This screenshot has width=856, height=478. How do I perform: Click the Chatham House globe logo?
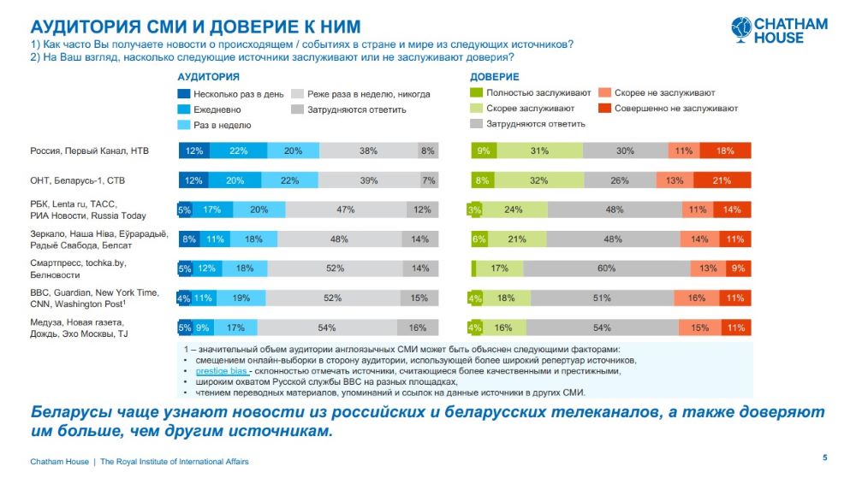point(741,29)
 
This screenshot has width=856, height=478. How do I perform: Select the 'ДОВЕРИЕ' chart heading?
point(495,77)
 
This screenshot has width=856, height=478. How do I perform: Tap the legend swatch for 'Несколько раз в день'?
point(183,94)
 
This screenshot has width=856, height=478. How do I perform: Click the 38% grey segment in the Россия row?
point(368,150)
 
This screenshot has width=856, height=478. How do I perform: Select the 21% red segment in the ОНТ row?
point(722,180)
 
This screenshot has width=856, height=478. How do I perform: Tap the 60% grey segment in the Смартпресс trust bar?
point(606,269)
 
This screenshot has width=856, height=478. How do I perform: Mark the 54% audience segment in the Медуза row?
point(325,327)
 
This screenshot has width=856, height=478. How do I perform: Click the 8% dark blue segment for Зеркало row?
point(189,239)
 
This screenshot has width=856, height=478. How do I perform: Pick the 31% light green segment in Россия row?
point(539,150)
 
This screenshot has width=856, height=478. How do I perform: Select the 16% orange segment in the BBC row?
point(697,298)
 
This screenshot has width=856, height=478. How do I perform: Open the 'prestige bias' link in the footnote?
point(222,372)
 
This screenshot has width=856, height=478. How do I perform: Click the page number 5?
point(824,457)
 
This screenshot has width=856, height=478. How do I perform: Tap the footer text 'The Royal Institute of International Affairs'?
point(175,461)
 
